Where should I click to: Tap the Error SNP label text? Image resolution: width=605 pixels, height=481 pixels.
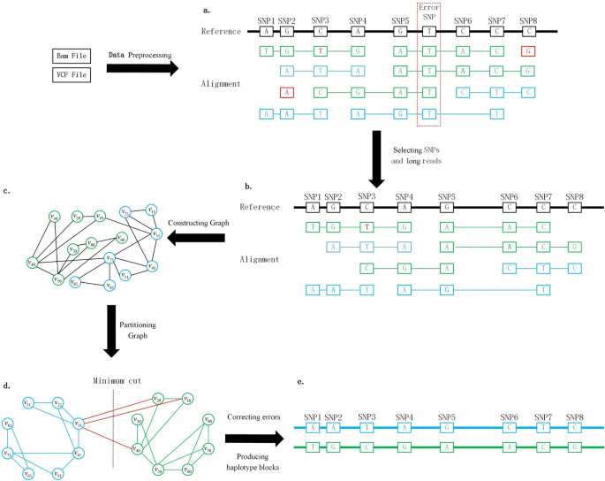point(429,11)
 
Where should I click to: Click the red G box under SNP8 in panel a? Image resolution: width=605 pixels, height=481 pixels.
point(528,51)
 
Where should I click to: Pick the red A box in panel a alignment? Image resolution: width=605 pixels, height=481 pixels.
point(286,92)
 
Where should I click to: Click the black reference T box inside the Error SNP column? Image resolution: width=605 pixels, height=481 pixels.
point(429,31)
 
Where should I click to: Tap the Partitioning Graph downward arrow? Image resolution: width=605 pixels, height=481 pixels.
point(111,331)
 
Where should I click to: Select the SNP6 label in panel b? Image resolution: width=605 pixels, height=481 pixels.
point(509,196)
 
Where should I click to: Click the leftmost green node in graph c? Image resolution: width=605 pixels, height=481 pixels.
point(32,261)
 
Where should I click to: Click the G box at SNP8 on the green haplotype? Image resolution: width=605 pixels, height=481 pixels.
point(575,447)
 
